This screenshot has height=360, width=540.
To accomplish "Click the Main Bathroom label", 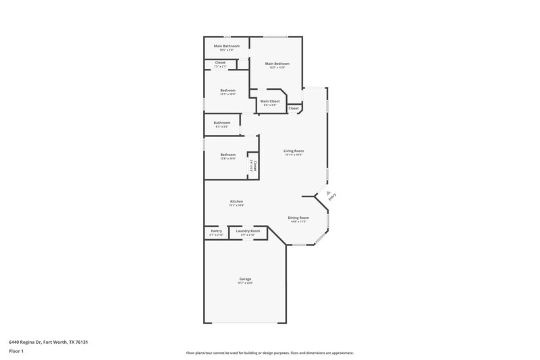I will pos(227,46).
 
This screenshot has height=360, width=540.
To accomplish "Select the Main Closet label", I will pos(270,101).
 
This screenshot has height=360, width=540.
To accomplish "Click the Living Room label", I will pos(294,151).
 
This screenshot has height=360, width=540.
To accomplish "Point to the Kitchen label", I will pos(236,201).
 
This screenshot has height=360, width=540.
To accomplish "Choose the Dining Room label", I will pos(298,217).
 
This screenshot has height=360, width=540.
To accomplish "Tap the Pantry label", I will pos(216,231).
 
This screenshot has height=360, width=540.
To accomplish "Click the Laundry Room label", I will pos(248,231).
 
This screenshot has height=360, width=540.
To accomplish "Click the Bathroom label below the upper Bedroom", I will pos(222,123).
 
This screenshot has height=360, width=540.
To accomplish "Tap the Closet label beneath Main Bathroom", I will pos(220,63).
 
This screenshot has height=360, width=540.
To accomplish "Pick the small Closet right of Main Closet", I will pos(294,108).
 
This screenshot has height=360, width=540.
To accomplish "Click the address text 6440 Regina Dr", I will pos(49,342).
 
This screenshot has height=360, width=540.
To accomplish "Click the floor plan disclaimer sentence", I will pos(269,353).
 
